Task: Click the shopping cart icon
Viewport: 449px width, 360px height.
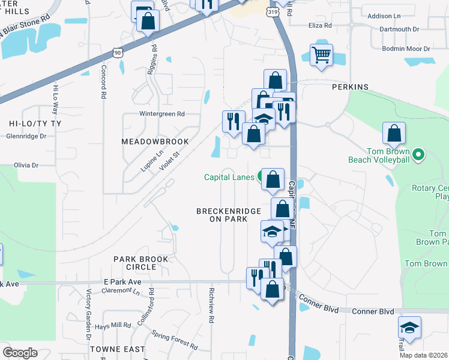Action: [322, 55]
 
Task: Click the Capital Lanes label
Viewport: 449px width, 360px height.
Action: [229, 177]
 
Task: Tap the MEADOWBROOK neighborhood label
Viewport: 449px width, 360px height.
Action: [155, 142]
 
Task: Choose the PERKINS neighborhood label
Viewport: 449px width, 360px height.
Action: [350, 87]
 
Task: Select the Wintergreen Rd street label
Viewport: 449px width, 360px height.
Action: [161, 113]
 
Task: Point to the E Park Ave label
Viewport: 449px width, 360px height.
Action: [122, 281]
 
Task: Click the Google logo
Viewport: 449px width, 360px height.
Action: [20, 352]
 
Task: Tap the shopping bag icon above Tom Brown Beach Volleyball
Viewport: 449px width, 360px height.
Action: [394, 133]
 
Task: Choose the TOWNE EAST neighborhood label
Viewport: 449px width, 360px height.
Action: [117, 349]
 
